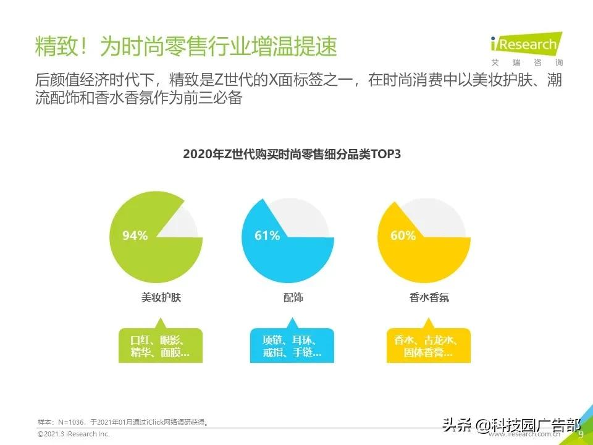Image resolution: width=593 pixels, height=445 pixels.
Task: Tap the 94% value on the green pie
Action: coord(135,235)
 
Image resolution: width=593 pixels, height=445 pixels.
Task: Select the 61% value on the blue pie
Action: coord(267,235)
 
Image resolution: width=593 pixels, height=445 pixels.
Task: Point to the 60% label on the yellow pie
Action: coord(403,235)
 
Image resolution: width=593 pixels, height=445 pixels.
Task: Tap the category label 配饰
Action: coord(293,297)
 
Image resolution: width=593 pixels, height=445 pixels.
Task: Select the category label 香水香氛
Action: coord(429,297)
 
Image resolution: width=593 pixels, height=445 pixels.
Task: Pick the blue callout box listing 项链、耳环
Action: coord(292,346)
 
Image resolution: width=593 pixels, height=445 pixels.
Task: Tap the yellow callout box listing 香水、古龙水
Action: coord(429,346)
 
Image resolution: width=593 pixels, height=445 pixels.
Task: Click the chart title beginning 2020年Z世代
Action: coord(292,155)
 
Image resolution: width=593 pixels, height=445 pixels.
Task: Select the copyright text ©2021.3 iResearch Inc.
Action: coord(73,435)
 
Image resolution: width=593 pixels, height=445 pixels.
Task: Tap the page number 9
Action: coord(580,435)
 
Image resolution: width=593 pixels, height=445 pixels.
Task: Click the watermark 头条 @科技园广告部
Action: coord(510,425)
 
